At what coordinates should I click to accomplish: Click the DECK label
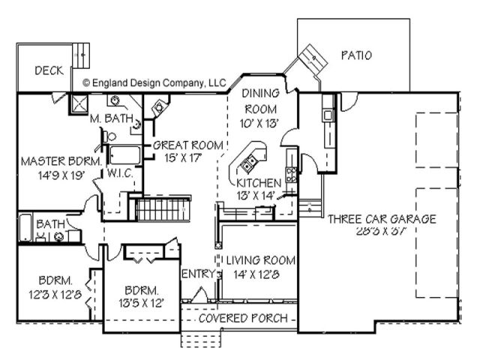pyautogui.click(x=49, y=70)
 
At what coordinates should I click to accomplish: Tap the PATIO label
pyautogui.click(x=357, y=55)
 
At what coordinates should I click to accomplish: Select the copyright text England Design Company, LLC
pyautogui.click(x=154, y=82)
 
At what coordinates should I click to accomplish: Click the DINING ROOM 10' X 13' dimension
pyautogui.click(x=259, y=123)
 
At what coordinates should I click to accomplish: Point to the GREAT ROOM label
pyautogui.click(x=188, y=145)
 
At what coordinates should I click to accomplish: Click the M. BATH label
pyautogui.click(x=112, y=118)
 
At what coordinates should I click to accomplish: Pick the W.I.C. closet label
pyautogui.click(x=120, y=173)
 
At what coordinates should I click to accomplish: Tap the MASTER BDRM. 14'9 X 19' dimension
pyautogui.click(x=61, y=175)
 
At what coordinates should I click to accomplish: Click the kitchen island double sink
pyautogui.click(x=248, y=163)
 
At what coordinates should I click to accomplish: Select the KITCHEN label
pyautogui.click(x=259, y=183)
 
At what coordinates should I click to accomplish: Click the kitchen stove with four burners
pyautogui.click(x=291, y=175)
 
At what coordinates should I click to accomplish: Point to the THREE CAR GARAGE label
pyautogui.click(x=382, y=219)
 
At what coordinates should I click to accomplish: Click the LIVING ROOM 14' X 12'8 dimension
pyautogui.click(x=256, y=274)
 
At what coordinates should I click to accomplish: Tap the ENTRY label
pyautogui.click(x=199, y=274)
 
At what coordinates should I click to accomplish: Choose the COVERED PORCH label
pyautogui.click(x=243, y=318)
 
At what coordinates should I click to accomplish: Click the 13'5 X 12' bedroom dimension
pyautogui.click(x=142, y=303)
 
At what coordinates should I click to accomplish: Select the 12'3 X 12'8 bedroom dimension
pyautogui.click(x=55, y=295)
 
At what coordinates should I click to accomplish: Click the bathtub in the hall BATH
pyautogui.click(x=25, y=227)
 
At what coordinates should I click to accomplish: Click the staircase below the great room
pyautogui.click(x=162, y=209)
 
